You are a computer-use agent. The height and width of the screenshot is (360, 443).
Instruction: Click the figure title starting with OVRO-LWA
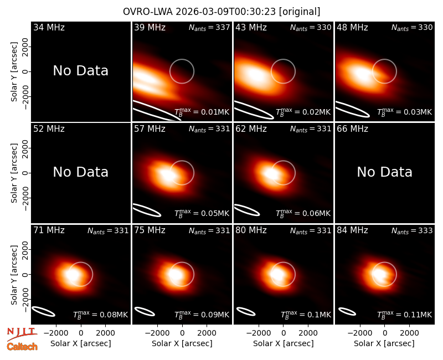pos(221,12)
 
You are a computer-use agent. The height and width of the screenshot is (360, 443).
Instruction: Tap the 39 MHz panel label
pos(150,27)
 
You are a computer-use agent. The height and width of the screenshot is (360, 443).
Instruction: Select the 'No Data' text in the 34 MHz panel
pos(81,71)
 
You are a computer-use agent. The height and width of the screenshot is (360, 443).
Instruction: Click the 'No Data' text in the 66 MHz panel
pos(384,172)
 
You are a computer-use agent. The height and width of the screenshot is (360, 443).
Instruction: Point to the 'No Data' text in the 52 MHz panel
pos(81,172)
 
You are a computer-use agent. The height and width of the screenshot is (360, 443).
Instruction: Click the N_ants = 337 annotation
pos(209,27)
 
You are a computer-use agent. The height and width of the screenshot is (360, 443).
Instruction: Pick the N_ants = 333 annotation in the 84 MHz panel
pos(412,230)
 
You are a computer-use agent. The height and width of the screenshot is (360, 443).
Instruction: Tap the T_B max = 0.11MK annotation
pos(405,314)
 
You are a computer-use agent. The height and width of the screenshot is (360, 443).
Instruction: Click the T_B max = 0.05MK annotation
pos(202,213)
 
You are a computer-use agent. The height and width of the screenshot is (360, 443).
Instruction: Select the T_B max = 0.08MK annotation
pos(101,314)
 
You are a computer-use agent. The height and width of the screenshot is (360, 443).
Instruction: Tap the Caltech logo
pos(22,347)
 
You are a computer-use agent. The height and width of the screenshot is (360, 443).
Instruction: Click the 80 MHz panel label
pos(251,230)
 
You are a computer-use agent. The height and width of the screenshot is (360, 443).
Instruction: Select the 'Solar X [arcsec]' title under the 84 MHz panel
pos(384,343)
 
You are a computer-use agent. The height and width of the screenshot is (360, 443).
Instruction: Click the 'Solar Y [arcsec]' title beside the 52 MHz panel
pos(14,173)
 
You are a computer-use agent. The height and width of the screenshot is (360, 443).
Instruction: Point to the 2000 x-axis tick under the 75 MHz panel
pos(207,333)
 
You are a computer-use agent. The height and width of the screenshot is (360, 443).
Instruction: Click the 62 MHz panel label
pos(251,129)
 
